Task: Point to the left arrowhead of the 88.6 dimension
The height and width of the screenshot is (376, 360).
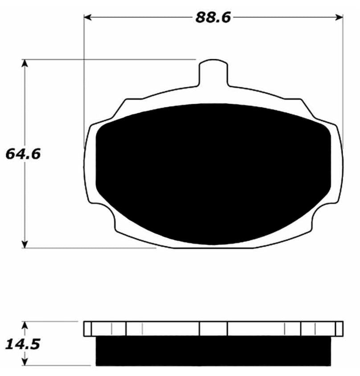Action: pyautogui.click(x=88, y=17)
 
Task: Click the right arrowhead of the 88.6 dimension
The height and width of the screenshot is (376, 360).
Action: pyautogui.click(x=340, y=17)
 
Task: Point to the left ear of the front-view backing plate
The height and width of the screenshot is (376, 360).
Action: pyautogui.click(x=90, y=165)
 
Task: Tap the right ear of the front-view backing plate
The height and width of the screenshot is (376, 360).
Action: pyautogui.click(x=338, y=165)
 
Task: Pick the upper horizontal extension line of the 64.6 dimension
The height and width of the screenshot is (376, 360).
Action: pyautogui.click(x=111, y=59)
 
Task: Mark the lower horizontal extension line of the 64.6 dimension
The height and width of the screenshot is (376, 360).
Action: pyautogui.click(x=89, y=248)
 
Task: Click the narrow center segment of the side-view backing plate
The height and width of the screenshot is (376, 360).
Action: pyautogui.click(x=213, y=329)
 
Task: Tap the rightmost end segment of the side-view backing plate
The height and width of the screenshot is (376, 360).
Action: pyautogui.click(x=339, y=329)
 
